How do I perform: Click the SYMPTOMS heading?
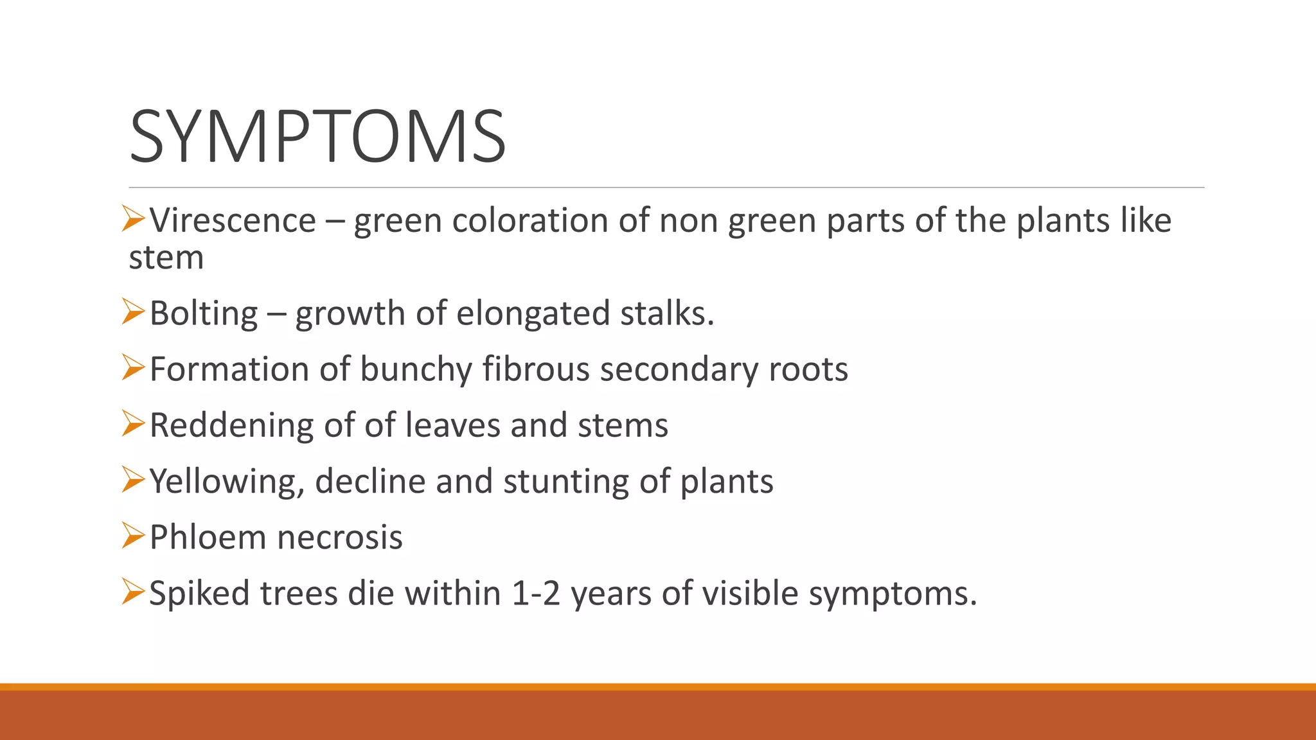pyautogui.click(x=317, y=137)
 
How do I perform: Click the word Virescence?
pyautogui.click(x=233, y=221)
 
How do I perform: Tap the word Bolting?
pyautogui.click(x=204, y=313)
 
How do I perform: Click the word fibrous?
pyautogui.click(x=536, y=369)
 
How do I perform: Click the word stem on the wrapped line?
pyautogui.click(x=166, y=258)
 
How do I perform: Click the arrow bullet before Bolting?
pyautogui.click(x=134, y=312)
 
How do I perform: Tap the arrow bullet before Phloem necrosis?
pyautogui.click(x=134, y=535)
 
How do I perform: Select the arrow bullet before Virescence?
pyautogui.click(x=134, y=219)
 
